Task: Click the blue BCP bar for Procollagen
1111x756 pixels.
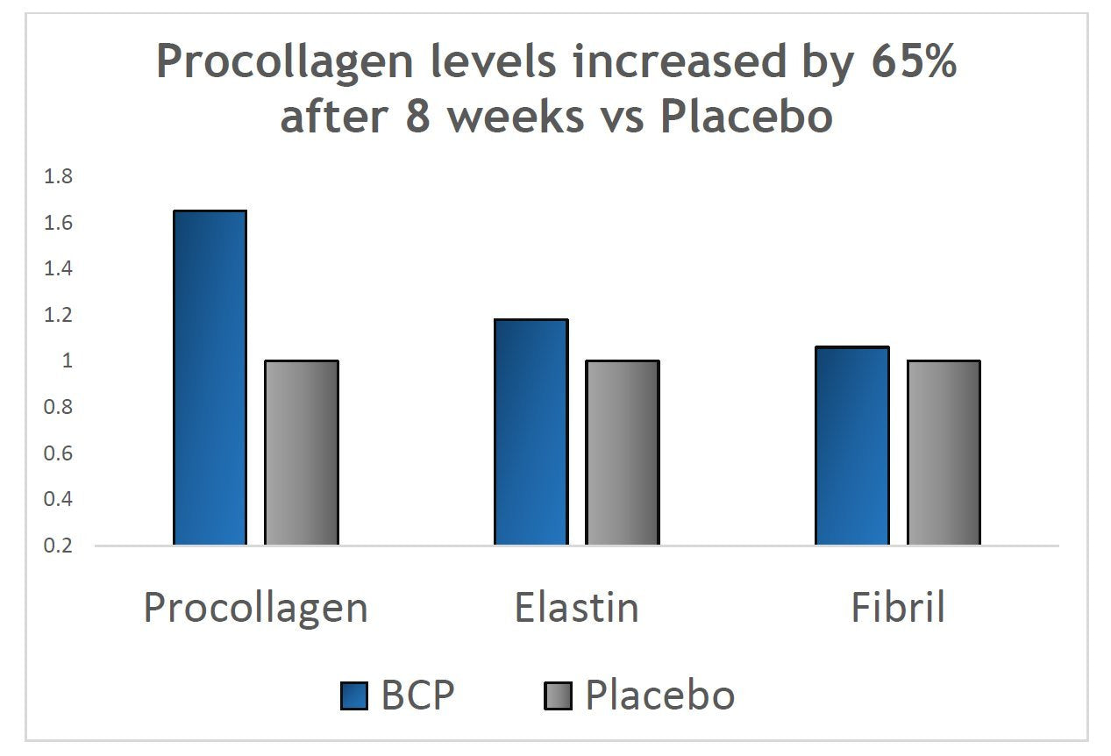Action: click(x=210, y=377)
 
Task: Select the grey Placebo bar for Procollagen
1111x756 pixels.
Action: click(x=302, y=453)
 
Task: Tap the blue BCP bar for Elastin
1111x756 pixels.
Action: click(x=531, y=431)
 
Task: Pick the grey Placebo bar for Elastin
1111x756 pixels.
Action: click(x=623, y=453)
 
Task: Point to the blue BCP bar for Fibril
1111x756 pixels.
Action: click(x=851, y=446)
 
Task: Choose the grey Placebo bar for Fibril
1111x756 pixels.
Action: click(x=944, y=453)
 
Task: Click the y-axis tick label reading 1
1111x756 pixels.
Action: click(x=68, y=361)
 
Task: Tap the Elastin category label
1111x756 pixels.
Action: click(x=576, y=606)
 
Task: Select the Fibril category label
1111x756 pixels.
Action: click(x=898, y=606)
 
